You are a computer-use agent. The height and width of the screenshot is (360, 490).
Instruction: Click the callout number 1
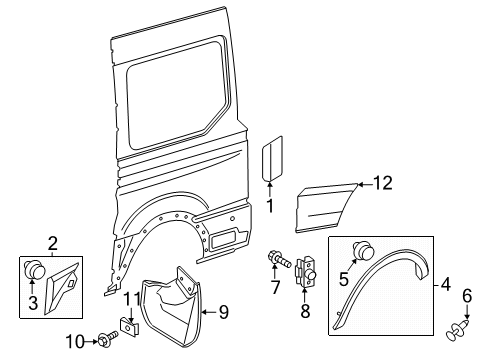(269, 206)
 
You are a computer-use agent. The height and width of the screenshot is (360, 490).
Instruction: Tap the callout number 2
(52, 242)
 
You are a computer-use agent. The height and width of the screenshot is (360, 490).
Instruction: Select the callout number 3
(32, 302)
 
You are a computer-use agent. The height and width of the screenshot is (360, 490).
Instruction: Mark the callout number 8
(306, 311)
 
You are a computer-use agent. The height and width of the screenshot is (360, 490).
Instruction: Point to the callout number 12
(384, 182)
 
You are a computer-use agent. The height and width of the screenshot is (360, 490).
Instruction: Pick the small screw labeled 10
(107, 341)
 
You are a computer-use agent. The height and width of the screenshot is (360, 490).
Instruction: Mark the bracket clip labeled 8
(307, 271)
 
